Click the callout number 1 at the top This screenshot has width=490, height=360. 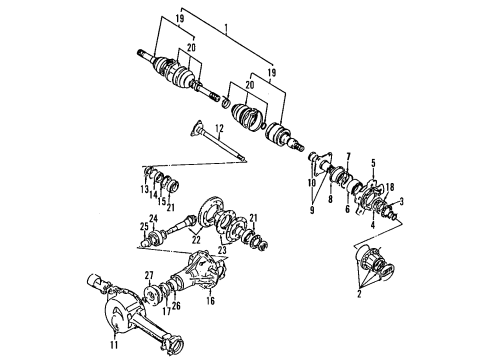(226, 9)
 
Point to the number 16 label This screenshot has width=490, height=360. (211, 299)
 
